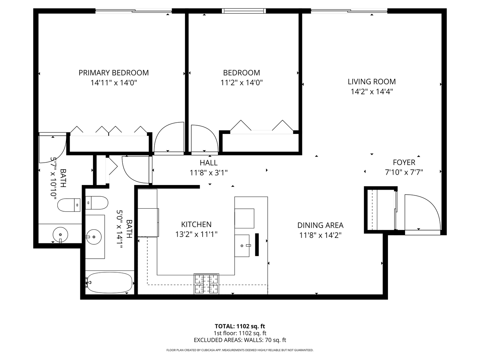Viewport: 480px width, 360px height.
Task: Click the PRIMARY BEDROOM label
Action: pos(113,73)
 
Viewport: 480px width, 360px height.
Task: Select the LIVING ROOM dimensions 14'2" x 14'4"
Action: pos(372,92)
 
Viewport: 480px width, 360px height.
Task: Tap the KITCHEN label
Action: pos(196,224)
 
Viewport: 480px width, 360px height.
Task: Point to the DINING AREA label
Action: pos(320,225)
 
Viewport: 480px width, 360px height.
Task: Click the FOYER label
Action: pos(404,162)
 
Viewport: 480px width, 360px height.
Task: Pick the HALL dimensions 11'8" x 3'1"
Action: pos(209,173)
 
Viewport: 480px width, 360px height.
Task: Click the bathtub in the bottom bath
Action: pos(109,283)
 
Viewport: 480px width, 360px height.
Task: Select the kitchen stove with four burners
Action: pos(206,284)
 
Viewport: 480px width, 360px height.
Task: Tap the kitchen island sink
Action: pos(242,246)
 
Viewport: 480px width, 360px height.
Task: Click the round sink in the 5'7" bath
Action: pos(60,234)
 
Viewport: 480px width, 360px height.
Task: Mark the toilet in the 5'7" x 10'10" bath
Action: pos(69,205)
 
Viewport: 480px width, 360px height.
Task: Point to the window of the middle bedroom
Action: pos(244,11)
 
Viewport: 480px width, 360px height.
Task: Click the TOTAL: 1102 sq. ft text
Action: pos(240,326)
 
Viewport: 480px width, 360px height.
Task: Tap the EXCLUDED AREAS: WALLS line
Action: pos(240,340)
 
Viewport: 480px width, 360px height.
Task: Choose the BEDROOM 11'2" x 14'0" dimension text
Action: pos(242,82)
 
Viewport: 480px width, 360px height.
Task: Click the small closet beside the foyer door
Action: pos(380,210)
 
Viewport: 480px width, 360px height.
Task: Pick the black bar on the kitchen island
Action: pos(257,245)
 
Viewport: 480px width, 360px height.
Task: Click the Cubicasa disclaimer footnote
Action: pos(240,350)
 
